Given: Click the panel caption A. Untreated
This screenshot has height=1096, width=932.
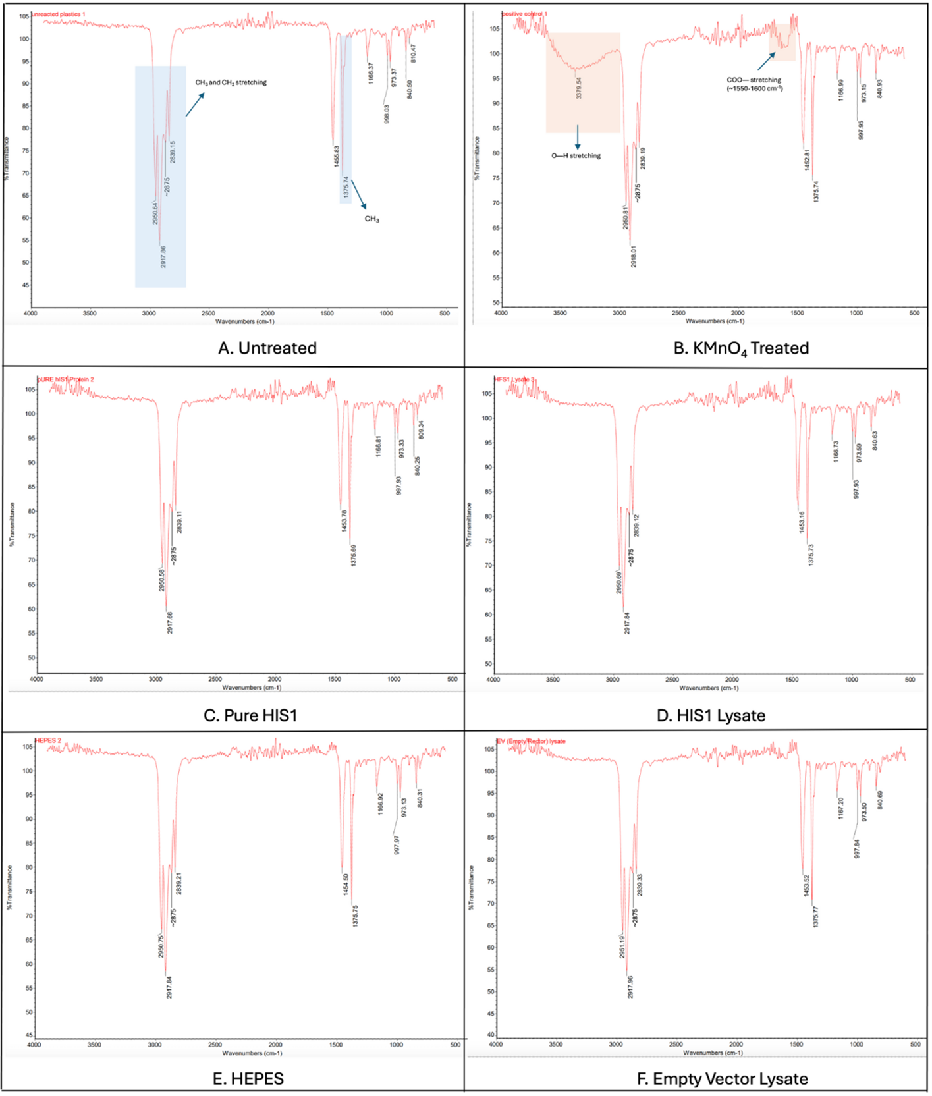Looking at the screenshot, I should coord(267,348).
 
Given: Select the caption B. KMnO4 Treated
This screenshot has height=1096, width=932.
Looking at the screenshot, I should coord(741,348).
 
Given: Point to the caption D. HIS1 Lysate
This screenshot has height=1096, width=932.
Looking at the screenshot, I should coord(711,715).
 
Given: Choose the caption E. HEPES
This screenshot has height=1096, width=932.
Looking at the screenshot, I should coord(248,1079).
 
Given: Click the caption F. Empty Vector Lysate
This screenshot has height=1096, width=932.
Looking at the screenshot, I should coord(722,1079).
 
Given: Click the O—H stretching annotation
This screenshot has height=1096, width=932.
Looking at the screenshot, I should coord(576,156).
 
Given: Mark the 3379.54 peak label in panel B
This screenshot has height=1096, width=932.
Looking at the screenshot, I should coord(579,88).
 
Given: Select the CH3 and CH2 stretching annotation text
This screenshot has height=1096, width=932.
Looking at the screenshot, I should coord(231,83).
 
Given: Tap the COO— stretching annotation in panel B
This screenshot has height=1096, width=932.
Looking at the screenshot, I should coord(754,84).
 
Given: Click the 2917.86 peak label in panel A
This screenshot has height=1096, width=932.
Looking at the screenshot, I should coord(163,257).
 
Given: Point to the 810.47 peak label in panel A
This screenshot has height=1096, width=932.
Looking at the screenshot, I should coord(414,53).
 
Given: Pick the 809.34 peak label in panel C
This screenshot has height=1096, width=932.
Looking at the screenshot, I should coord(421,430).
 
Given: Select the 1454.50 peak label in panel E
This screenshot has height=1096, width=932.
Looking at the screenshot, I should coord(346,885).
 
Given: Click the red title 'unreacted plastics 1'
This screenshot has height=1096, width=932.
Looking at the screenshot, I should coord(59,14).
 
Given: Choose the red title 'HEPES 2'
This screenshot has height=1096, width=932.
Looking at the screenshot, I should coord(48,741).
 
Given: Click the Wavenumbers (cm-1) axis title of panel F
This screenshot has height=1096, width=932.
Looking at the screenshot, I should coord(713,1053).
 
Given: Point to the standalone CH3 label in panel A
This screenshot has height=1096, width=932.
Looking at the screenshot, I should coord(371,219).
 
